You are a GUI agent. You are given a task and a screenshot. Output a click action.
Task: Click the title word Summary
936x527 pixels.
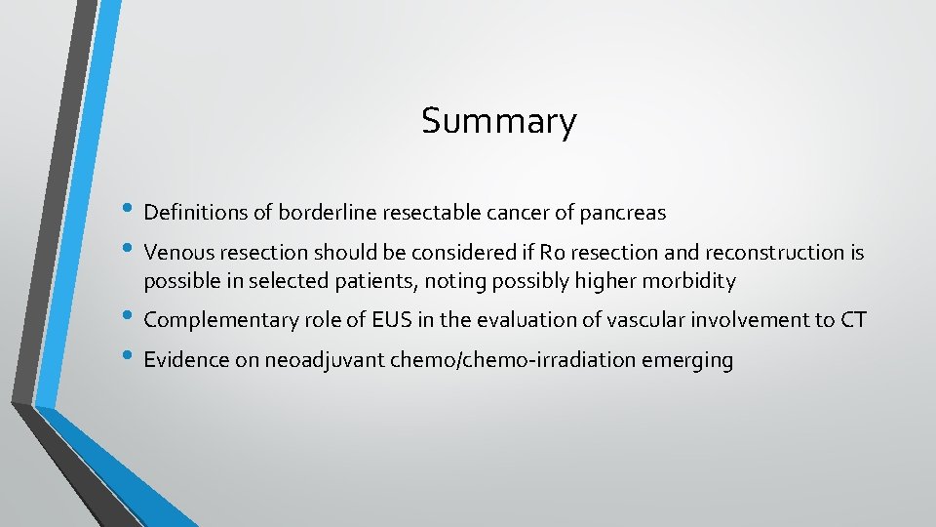(498, 122)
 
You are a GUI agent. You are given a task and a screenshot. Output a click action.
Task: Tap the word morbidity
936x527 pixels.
(691, 282)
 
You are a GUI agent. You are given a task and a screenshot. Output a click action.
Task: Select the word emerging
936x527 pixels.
(687, 360)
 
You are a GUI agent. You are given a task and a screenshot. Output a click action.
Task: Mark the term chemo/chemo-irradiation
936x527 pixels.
(514, 360)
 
